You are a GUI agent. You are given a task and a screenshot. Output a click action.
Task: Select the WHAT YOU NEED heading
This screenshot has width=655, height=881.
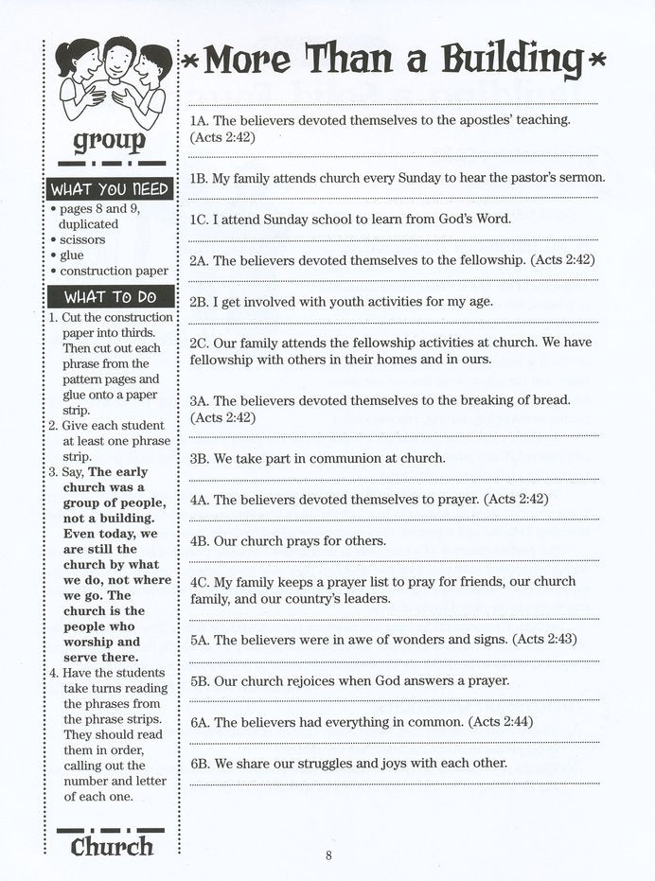tap(109, 188)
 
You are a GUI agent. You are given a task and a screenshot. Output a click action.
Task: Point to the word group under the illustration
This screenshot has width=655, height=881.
tap(110, 142)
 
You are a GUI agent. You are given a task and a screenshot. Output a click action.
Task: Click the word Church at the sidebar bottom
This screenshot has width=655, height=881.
tap(112, 846)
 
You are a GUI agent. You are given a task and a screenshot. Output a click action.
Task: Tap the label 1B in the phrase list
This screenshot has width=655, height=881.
tap(199, 177)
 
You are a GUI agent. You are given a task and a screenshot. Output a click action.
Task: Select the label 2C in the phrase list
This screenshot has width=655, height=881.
tap(199, 343)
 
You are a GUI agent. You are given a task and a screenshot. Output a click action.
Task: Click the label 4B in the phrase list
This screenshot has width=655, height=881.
tap(199, 541)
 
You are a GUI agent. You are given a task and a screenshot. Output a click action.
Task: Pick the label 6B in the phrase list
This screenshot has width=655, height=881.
tap(199, 763)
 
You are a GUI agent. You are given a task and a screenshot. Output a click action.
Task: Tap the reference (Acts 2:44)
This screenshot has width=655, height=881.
tap(499, 722)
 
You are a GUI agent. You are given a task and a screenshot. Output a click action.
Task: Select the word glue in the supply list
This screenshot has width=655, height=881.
tap(71, 255)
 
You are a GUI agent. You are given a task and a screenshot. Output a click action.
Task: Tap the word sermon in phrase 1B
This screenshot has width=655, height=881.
tap(582, 177)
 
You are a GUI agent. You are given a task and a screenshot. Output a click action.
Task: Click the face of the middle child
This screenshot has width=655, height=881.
tap(118, 59)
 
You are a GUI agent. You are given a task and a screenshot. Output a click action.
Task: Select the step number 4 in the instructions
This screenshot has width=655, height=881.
tap(54, 673)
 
